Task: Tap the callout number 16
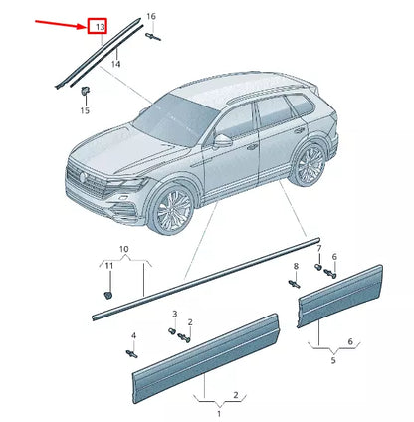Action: click(x=150, y=17)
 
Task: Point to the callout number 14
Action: click(x=116, y=64)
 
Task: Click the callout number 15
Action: click(x=85, y=111)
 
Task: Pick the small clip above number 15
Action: click(x=86, y=92)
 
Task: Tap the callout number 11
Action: click(x=109, y=267)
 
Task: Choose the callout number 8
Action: click(x=296, y=267)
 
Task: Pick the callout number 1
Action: click(x=205, y=410)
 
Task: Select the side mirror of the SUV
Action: click(x=224, y=137)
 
